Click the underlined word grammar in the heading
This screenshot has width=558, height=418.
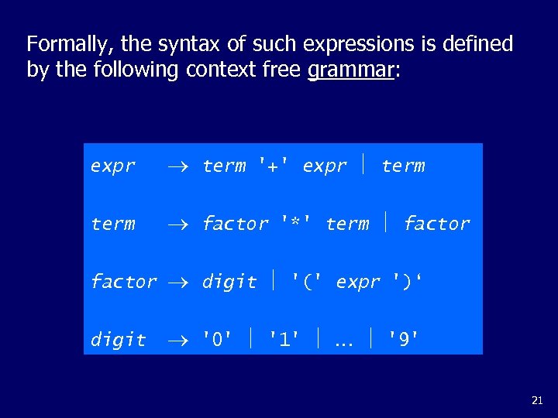(351, 70)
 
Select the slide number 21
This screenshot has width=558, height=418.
(537, 400)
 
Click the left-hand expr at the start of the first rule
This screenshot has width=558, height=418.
(113, 166)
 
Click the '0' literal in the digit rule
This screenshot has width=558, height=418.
(217, 340)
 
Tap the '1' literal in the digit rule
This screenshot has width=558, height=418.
(284, 340)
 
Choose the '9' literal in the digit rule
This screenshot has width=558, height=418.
(403, 340)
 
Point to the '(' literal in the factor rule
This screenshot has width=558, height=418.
(307, 282)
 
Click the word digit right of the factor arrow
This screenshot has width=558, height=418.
(229, 282)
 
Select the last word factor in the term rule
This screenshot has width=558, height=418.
(437, 224)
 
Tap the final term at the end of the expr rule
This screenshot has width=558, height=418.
(403, 166)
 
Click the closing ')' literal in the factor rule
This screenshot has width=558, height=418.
(408, 282)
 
